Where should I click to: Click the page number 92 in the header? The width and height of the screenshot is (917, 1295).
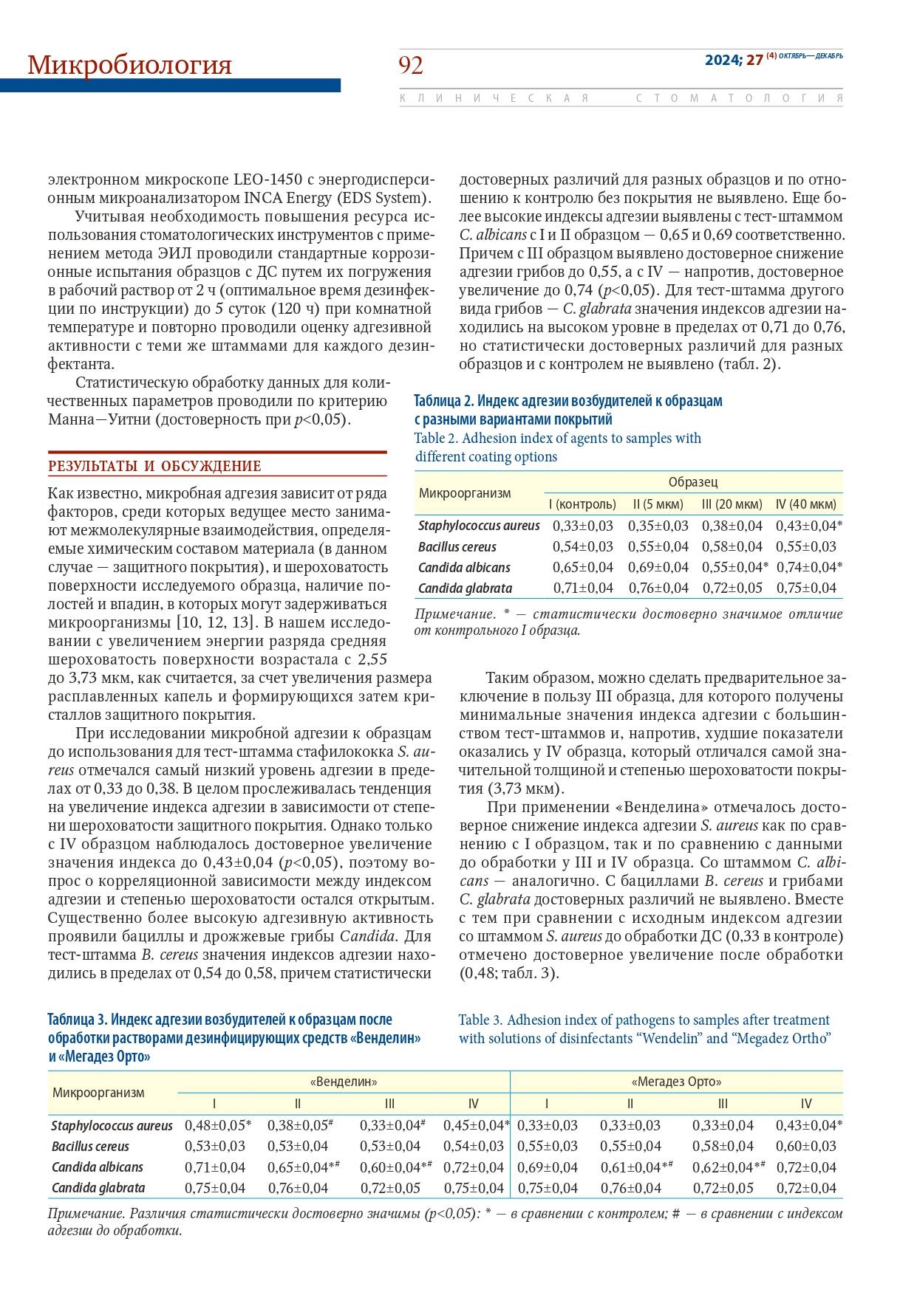pyautogui.click(x=411, y=66)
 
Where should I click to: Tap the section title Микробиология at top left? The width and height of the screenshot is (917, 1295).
pyautogui.click(x=129, y=65)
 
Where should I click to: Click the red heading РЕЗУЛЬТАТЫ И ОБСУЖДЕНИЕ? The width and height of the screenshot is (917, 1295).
pyautogui.click(x=154, y=467)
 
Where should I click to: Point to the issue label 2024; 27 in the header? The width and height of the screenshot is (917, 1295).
pyautogui.click(x=733, y=61)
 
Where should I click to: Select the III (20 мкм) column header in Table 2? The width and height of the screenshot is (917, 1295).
pyautogui.click(x=732, y=504)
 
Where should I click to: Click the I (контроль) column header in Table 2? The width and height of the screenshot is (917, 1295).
pyautogui.click(x=582, y=504)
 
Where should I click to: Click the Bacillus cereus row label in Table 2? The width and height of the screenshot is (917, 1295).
pyautogui.click(x=457, y=547)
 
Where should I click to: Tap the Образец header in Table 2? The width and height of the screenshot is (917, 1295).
pyautogui.click(x=692, y=482)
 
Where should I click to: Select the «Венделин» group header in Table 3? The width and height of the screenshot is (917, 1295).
pyautogui.click(x=344, y=1082)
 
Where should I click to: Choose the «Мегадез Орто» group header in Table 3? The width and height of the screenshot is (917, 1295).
pyautogui.click(x=676, y=1082)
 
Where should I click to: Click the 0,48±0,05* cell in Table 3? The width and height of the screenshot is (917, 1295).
pyautogui.click(x=217, y=1126)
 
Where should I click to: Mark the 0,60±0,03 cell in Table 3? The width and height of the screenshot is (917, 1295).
pyautogui.click(x=805, y=1147)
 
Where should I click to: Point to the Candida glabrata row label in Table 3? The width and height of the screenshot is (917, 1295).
pyautogui.click(x=98, y=1188)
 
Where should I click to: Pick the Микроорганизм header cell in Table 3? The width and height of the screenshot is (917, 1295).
pyautogui.click(x=98, y=1092)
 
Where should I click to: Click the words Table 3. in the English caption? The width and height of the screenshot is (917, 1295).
pyautogui.click(x=481, y=1020)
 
